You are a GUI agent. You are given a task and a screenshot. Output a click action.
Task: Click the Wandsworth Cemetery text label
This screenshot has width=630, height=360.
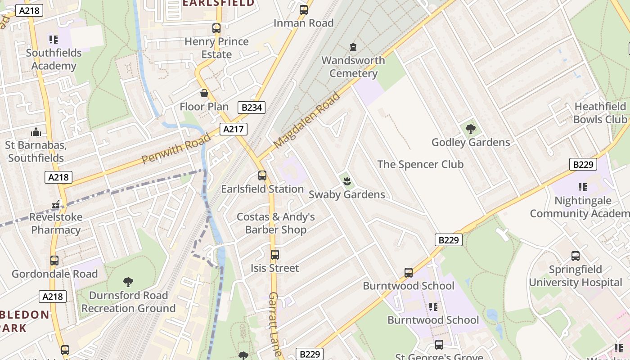[x=353, y=67]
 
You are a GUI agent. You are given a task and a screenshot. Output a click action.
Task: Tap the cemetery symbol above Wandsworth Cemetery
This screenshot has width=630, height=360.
[x=353, y=47]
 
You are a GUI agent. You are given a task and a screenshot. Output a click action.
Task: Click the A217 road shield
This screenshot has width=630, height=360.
[x=234, y=130]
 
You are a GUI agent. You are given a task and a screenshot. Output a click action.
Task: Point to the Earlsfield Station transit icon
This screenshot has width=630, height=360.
[x=262, y=175]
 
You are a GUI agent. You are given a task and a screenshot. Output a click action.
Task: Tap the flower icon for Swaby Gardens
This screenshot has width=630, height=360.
[x=346, y=181]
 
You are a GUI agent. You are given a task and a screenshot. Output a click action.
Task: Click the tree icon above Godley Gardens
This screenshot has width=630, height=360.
[x=471, y=130]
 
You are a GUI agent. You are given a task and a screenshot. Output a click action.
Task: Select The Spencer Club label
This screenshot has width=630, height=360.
[x=420, y=164]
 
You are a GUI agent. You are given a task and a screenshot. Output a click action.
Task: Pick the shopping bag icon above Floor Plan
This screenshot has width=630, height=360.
[x=204, y=93]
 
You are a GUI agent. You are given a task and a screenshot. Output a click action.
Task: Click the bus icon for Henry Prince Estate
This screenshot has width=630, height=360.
[x=216, y=28]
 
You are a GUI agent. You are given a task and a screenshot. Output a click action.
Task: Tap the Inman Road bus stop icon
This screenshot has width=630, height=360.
[x=304, y=10]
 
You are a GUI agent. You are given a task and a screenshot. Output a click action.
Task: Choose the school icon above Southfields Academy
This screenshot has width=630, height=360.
[x=54, y=40]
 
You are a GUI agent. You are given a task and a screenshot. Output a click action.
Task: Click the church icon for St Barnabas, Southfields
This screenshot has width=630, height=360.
[x=36, y=132]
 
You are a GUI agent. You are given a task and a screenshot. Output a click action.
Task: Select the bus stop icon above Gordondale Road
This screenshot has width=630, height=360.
[x=54, y=261]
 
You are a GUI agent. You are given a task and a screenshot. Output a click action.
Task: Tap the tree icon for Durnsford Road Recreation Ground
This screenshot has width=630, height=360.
[x=128, y=282]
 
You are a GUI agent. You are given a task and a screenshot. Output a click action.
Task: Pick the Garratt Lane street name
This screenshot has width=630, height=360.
[x=274, y=324]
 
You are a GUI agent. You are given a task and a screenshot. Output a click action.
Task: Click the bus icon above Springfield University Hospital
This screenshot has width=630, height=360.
[x=576, y=256]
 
